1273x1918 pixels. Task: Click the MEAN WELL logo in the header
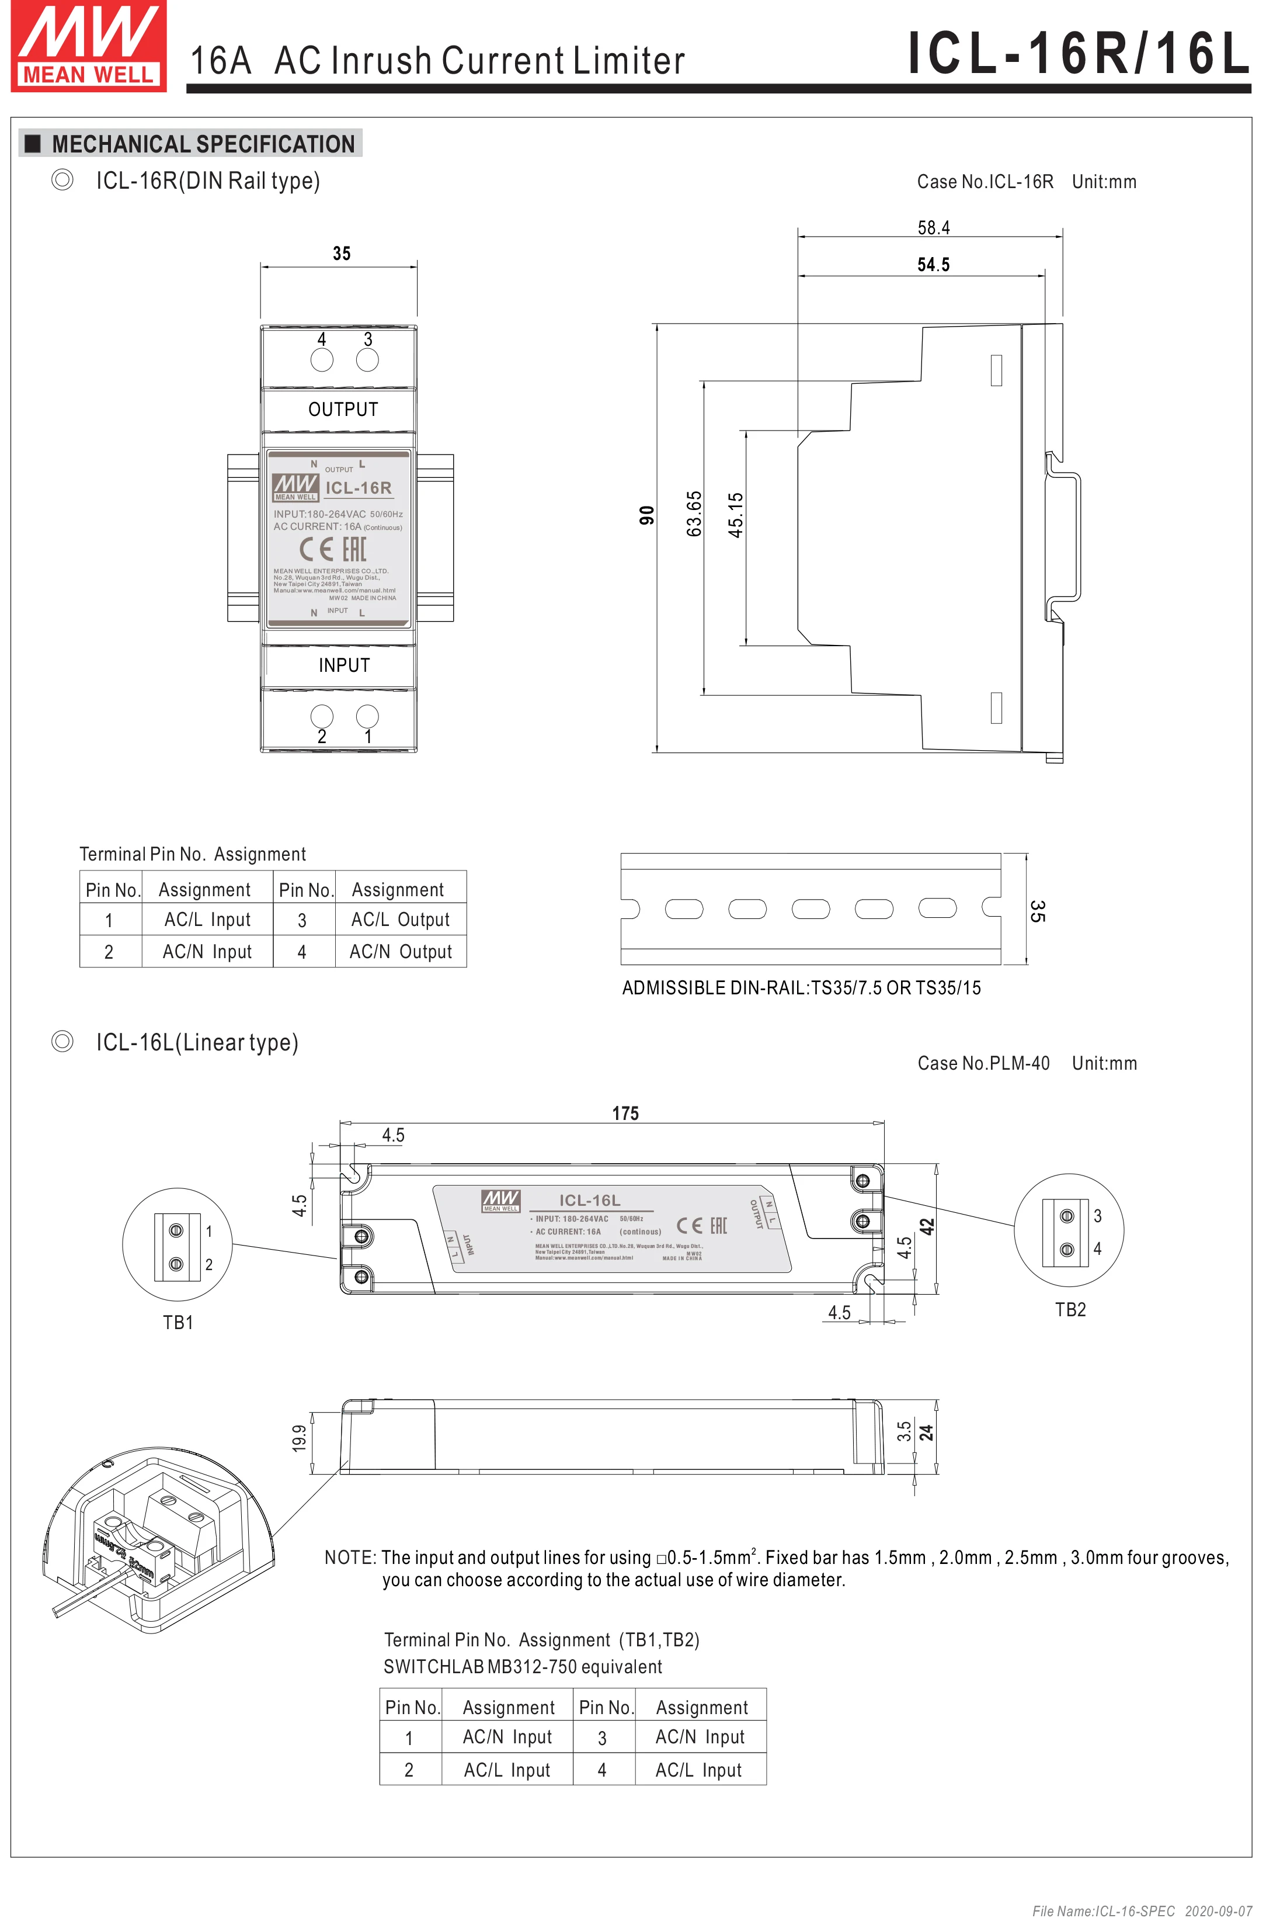click(x=89, y=46)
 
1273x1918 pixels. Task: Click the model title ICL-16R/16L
click(x=1077, y=54)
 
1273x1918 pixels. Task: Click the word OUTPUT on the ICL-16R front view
click(x=343, y=410)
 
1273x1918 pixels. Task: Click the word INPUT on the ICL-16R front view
click(x=343, y=665)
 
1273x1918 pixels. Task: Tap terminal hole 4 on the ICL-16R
click(x=322, y=360)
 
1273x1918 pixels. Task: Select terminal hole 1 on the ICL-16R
click(x=368, y=716)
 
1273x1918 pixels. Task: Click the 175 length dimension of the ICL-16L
click(x=625, y=1114)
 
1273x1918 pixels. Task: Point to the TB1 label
click(x=178, y=1323)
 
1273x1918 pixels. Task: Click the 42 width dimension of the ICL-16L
click(x=927, y=1227)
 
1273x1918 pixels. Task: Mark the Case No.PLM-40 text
click(x=983, y=1064)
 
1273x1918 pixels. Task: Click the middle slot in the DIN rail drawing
click(x=811, y=908)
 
